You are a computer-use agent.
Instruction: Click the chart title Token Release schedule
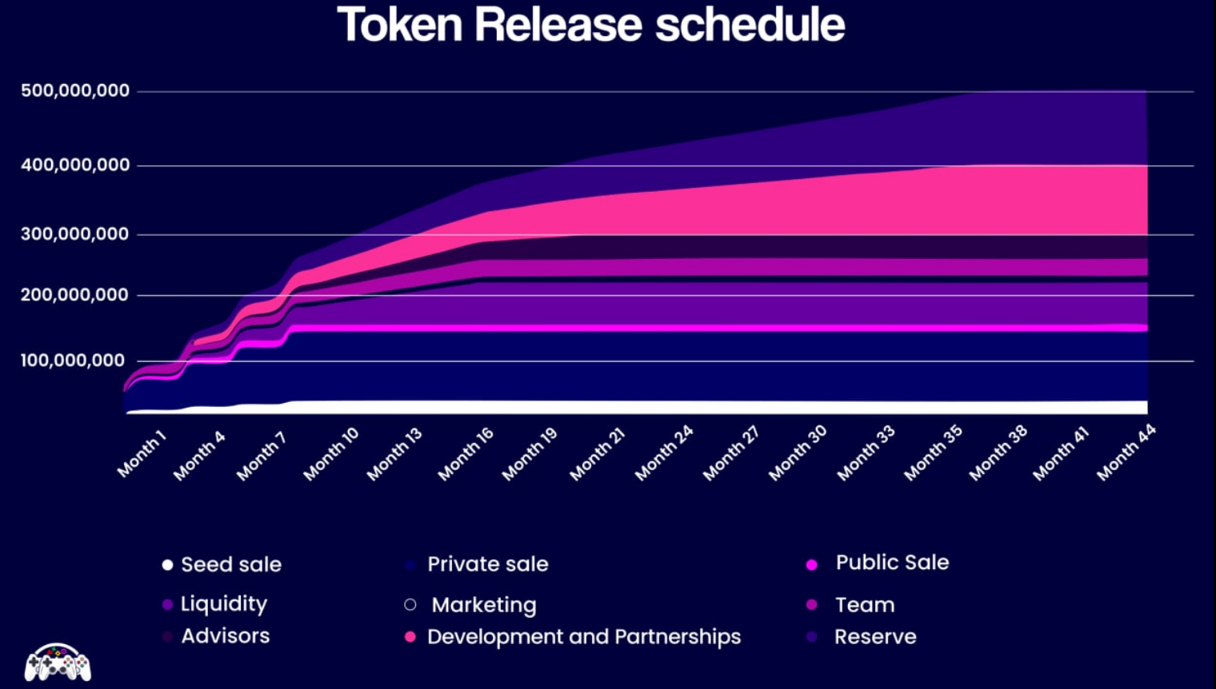pos(590,25)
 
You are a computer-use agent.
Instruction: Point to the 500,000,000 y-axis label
pos(75,91)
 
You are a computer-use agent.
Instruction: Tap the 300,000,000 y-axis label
pos(75,234)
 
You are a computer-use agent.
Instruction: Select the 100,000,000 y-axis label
pos(73,360)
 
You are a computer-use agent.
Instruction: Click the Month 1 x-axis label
pos(142,453)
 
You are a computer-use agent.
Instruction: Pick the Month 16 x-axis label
pos(466,454)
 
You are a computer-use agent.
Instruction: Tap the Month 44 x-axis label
pos(1126,452)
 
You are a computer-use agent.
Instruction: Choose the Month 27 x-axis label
pos(730,453)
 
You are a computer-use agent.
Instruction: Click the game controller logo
pos(58,663)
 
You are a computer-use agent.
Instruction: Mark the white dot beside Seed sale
pos(167,565)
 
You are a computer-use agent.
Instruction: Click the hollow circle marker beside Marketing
pos(410,605)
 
